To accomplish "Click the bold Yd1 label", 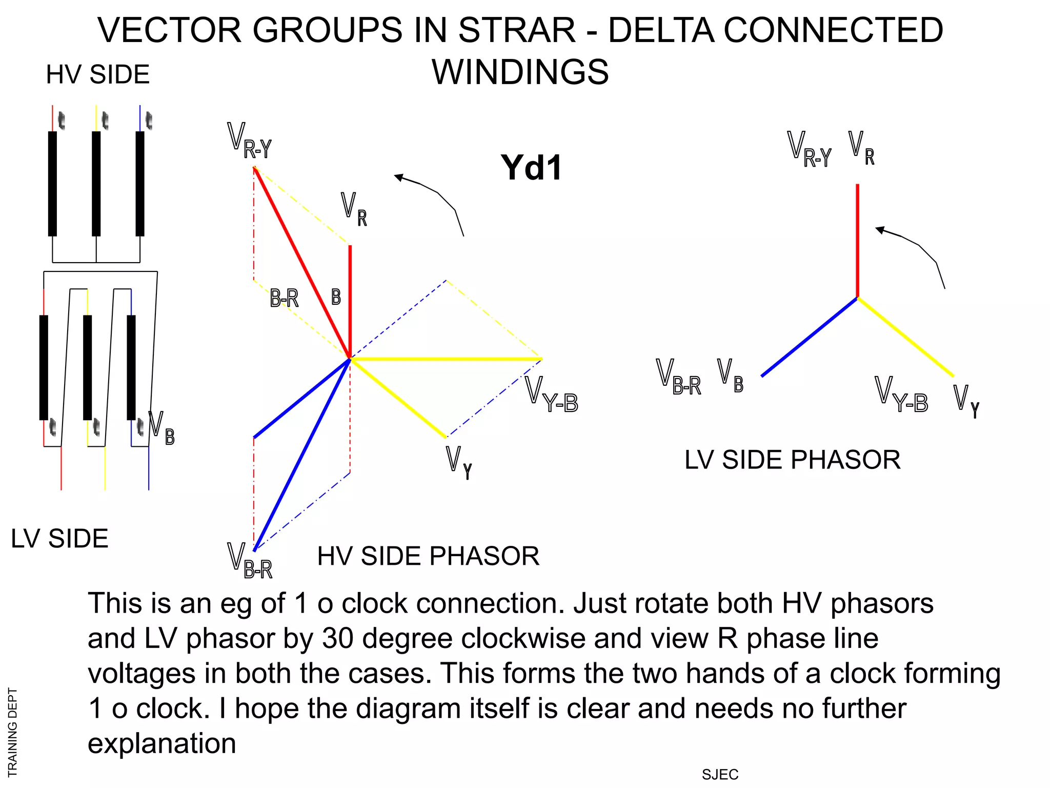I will tap(531, 168).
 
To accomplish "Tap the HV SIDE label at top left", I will tap(97, 75).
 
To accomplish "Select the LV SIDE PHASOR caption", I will tap(792, 460).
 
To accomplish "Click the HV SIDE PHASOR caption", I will tap(428, 556).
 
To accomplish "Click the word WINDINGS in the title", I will tap(520, 72).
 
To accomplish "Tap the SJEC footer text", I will tap(720, 775).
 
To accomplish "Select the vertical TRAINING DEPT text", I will tap(12, 732).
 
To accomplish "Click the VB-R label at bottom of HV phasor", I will tap(250, 561).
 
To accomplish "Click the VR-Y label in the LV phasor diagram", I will tap(809, 149).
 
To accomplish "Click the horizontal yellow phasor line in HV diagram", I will tap(446, 359).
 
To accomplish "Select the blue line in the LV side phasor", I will tap(809, 337).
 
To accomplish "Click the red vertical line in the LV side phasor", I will tap(857, 240).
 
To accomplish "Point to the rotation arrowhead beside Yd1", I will tap(399, 177).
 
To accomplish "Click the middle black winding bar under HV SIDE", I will tap(96, 184).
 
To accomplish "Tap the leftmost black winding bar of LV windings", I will tap(44, 367).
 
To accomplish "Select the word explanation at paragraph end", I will tap(161, 743).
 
